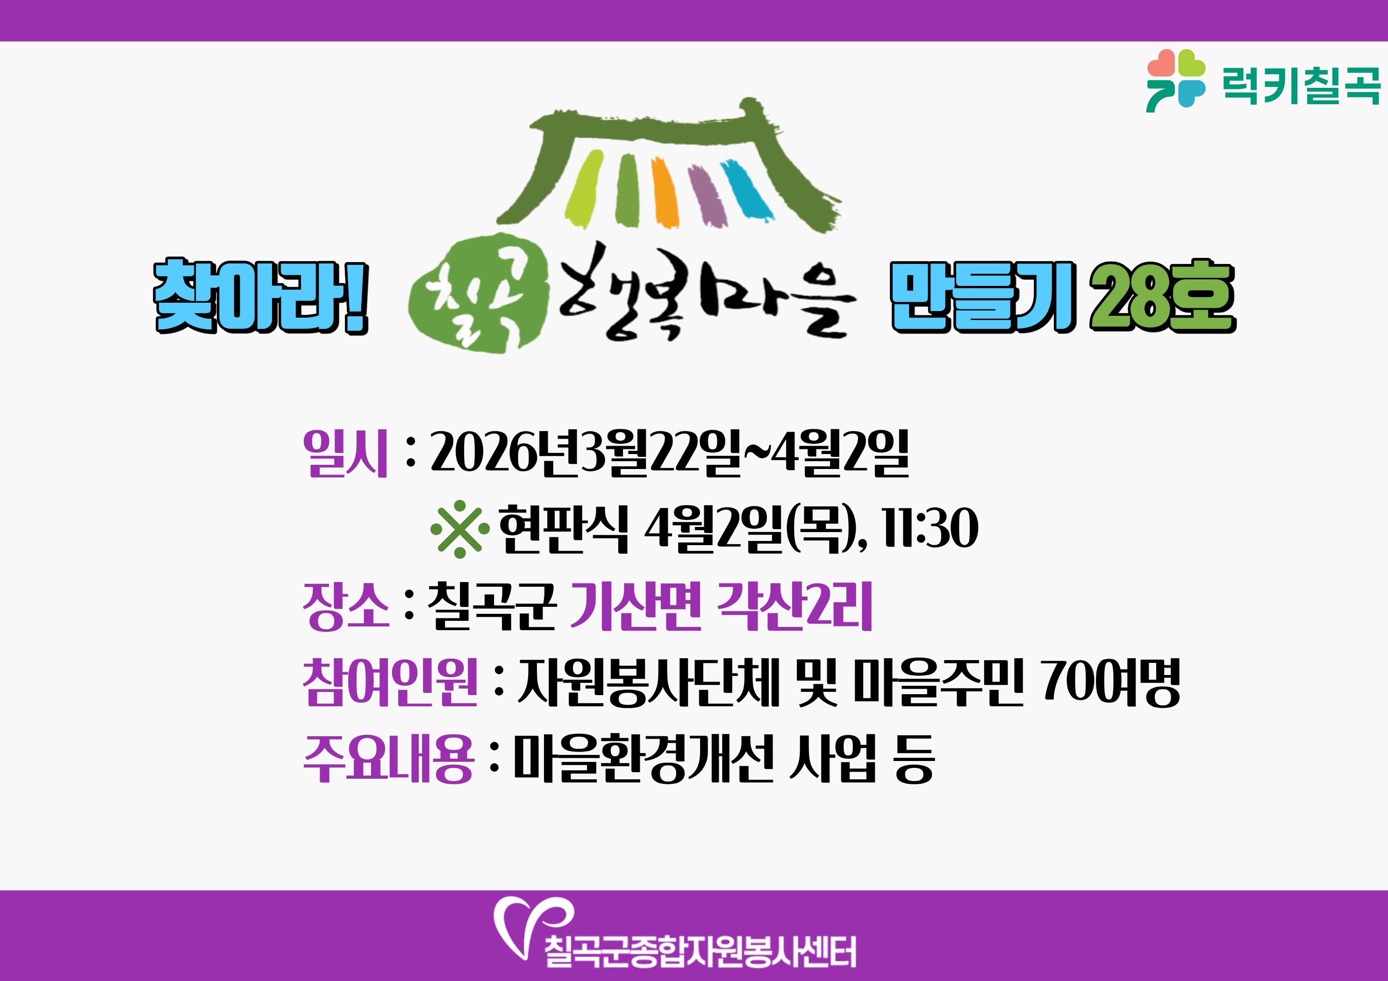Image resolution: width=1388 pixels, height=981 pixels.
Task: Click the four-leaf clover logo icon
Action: click(1176, 80)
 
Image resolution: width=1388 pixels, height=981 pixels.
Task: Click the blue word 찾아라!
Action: click(261, 296)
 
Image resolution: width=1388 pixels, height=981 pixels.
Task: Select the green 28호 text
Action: click(1163, 296)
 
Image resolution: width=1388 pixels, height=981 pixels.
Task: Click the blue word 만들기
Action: click(983, 297)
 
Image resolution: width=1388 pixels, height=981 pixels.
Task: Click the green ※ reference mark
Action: click(460, 529)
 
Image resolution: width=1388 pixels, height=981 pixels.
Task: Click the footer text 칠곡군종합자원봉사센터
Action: click(701, 952)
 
